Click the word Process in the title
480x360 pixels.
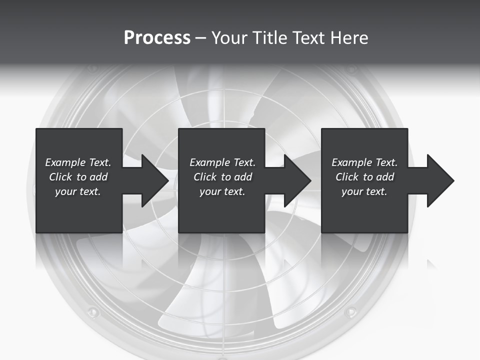(157, 38)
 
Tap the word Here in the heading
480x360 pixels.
(349, 38)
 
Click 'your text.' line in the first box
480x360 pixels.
(78, 191)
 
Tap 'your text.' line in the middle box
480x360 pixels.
(222, 191)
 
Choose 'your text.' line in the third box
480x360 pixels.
(364, 191)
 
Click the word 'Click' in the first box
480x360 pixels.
(60, 177)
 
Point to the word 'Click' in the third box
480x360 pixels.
(347, 177)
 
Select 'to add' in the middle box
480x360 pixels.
(236, 177)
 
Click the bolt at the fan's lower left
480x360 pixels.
(92, 312)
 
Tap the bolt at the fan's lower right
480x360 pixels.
(350, 312)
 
